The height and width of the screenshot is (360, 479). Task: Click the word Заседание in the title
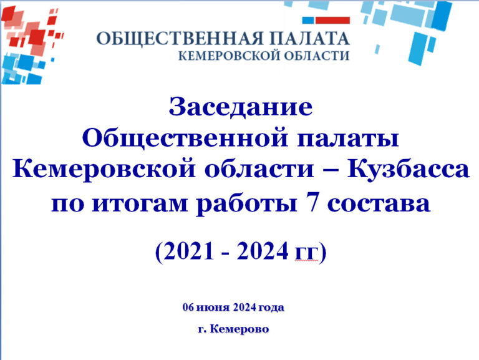241,107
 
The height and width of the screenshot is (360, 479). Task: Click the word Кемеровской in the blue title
104,169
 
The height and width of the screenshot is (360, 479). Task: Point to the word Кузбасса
407,170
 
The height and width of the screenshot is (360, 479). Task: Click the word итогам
140,203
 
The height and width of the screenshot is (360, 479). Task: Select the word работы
247,203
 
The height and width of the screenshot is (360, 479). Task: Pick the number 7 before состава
312,203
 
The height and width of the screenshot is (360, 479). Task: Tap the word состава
379,204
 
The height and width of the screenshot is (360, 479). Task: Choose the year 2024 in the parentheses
262,251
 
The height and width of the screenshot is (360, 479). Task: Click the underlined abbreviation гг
306,253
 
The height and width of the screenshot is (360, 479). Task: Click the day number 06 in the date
188,307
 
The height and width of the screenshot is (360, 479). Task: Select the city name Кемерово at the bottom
239,329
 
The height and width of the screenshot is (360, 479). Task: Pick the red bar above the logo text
332,21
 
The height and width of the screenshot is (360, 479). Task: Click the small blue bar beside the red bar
308,21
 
